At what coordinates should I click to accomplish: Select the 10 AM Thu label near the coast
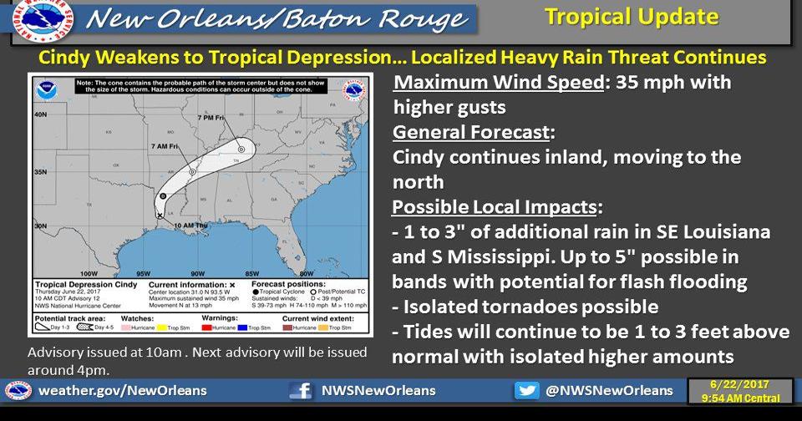(190, 226)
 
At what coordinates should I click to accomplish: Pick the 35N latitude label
(39, 171)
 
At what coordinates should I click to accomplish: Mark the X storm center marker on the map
(160, 216)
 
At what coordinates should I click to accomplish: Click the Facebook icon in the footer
(300, 391)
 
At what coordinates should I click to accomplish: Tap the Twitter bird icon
(526, 391)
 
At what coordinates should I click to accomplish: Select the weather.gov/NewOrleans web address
(123, 391)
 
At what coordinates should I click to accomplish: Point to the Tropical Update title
(631, 16)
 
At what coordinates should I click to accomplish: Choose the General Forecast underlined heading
(470, 133)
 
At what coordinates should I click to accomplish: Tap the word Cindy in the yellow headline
(63, 58)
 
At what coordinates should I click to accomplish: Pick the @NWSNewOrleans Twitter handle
(609, 391)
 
